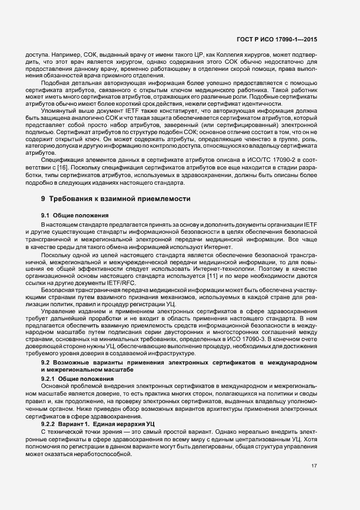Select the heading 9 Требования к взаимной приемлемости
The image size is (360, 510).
(116, 200)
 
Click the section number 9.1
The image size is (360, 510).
(46, 216)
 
